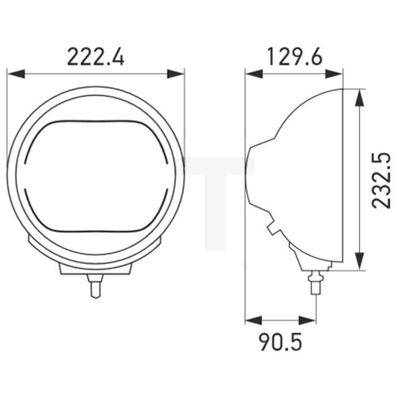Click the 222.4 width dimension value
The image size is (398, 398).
tap(96, 57)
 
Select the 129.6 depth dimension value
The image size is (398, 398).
tap(294, 57)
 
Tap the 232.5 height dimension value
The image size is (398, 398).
tap(380, 181)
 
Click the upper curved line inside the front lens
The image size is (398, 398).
tap(95, 121)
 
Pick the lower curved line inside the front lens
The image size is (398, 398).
tap(95, 231)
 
